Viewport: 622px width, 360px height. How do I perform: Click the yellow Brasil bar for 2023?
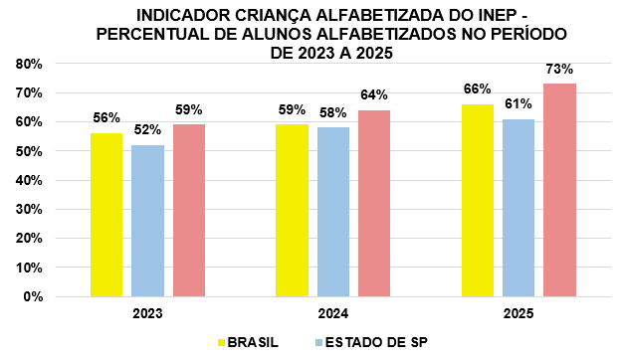click(x=106, y=215)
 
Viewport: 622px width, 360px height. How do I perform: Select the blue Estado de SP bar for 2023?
click(x=147, y=221)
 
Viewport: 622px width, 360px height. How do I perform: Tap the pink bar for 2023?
click(x=189, y=211)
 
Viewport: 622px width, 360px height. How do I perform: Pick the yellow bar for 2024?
click(x=292, y=211)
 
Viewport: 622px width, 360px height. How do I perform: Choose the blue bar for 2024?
click(x=333, y=212)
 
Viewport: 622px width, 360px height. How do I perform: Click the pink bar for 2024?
click(x=374, y=204)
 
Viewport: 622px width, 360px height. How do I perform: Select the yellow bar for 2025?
click(x=478, y=201)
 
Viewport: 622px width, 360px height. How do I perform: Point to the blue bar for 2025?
click(x=518, y=208)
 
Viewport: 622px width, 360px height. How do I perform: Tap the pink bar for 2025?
click(x=559, y=190)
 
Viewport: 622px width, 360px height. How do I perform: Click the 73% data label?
click(x=559, y=70)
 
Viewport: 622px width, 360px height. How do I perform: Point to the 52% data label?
click(x=147, y=129)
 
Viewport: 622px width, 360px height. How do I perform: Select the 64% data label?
click(x=374, y=95)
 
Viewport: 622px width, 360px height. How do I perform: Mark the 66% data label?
click(x=478, y=90)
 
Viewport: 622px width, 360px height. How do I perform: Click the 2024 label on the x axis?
click(x=333, y=314)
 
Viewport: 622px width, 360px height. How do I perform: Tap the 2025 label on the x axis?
click(x=518, y=314)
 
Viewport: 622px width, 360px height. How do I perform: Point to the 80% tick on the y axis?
click(x=29, y=65)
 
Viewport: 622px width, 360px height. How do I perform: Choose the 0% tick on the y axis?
click(x=33, y=297)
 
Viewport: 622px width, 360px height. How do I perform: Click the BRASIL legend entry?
click(x=249, y=342)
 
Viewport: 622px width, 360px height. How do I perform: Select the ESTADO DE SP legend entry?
click(x=371, y=342)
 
